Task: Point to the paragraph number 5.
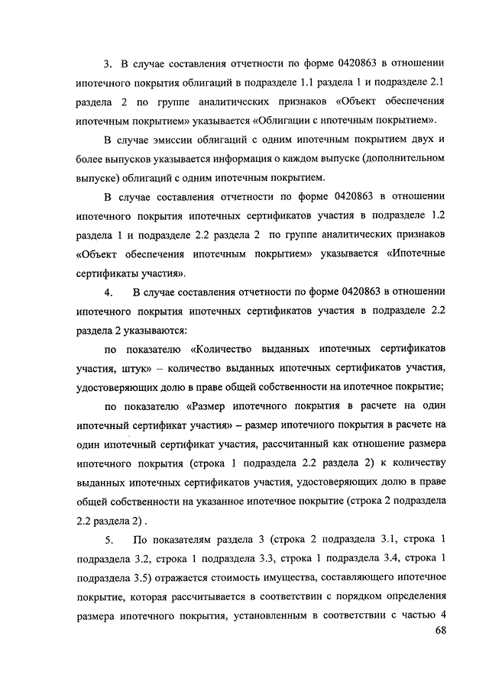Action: tap(109, 541)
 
